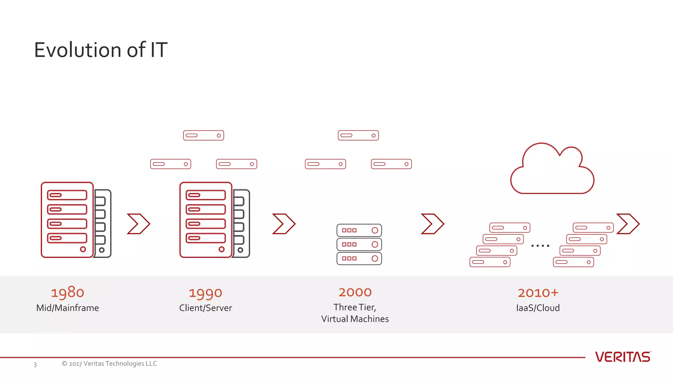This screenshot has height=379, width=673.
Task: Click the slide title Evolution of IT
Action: coord(101,50)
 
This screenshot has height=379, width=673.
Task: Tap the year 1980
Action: coord(67,292)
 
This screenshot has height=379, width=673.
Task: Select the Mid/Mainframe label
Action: coord(67,308)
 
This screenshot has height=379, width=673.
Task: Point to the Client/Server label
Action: coord(205,308)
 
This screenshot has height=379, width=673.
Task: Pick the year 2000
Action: coord(355,292)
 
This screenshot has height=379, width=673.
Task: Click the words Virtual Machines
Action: coord(355,319)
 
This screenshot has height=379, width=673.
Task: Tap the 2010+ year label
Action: coord(538,292)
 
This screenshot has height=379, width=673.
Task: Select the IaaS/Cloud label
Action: coord(538,308)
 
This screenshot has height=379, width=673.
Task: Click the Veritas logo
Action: coord(622,357)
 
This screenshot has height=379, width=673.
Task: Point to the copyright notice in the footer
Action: coord(109,364)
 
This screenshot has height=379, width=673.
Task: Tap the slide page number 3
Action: coord(35,365)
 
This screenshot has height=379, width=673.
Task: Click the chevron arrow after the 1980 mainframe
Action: coord(138,224)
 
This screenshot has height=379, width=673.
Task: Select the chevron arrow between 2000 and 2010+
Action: coord(432,224)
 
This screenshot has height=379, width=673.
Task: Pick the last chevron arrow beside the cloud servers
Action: coord(628,224)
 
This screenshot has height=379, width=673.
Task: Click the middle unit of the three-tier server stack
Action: coord(359,244)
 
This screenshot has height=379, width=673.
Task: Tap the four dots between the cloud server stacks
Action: coord(540,245)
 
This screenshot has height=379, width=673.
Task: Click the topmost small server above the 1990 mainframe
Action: coord(203,135)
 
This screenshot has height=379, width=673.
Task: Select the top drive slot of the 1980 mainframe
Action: coord(67,195)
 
